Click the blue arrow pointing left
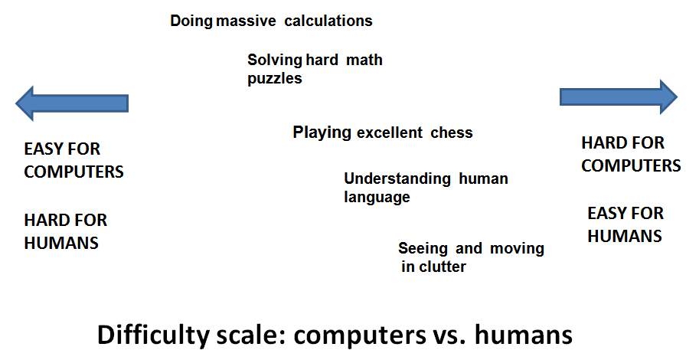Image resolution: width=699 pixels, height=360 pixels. pos(72,103)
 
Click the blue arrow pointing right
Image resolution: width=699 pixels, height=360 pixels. pos(619,97)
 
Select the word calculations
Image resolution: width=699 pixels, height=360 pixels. pos(328,21)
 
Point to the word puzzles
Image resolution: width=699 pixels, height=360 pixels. pos(275,79)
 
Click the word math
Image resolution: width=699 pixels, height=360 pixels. pos(364,60)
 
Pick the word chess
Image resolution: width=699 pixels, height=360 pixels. pos(452,133)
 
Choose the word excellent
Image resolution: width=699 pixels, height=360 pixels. pos(389,133)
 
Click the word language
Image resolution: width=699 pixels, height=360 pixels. pos(377,197)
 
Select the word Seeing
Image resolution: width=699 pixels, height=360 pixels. pos(423,248)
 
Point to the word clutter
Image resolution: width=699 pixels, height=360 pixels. pos(443,267)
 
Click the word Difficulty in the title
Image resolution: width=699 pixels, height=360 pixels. pos(153,335)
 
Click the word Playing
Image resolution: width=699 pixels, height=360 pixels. pos(322,133)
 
